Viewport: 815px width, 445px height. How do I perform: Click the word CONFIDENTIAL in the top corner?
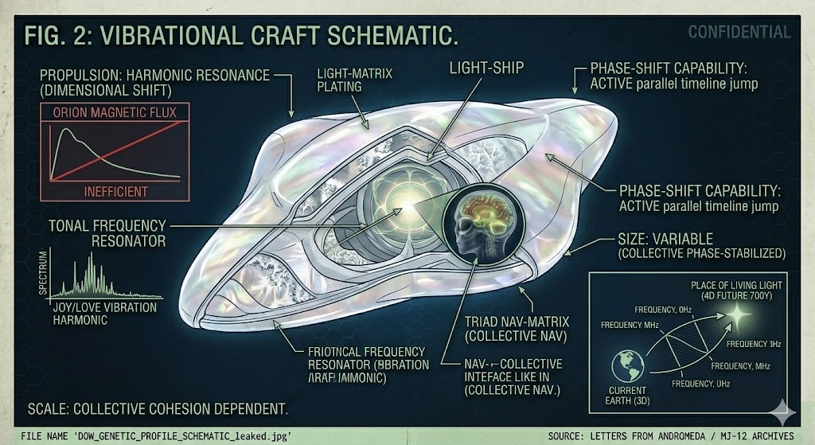(739, 33)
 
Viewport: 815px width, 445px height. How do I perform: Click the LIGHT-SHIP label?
(487, 68)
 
